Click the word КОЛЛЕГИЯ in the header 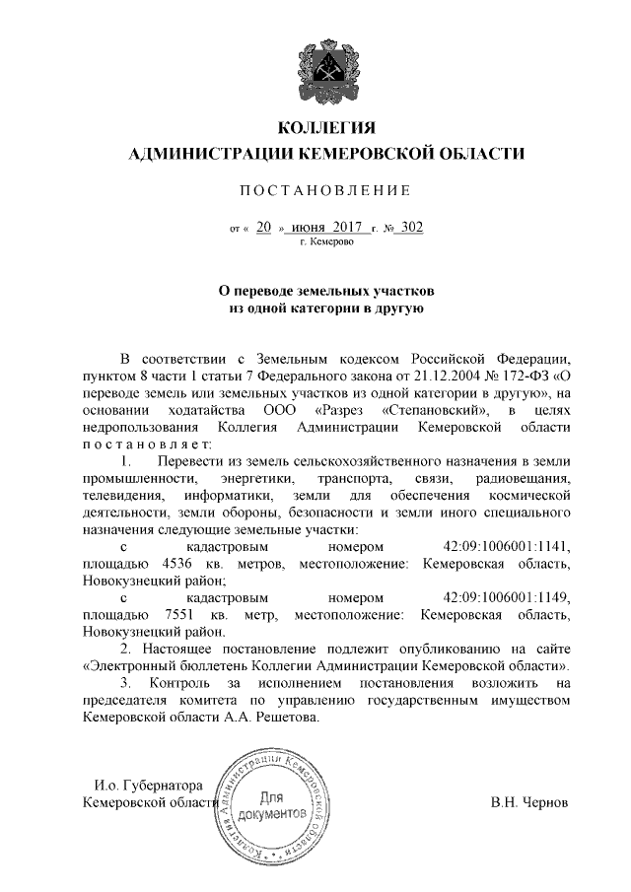[x=324, y=129]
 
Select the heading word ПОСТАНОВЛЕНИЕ [x=324, y=189]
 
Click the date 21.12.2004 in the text [x=435, y=377]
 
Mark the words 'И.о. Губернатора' [x=148, y=786]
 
